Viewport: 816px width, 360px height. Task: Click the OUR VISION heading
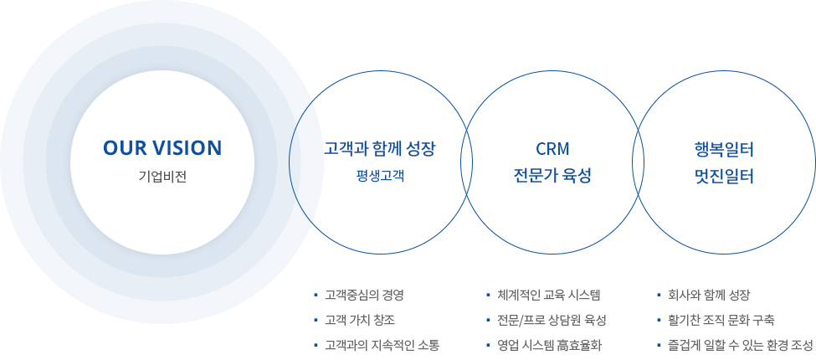(162, 148)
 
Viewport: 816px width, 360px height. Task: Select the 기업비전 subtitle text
(162, 177)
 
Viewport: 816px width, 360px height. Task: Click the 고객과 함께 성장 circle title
(379, 149)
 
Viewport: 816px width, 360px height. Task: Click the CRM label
(552, 149)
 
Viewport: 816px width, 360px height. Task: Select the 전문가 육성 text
(552, 177)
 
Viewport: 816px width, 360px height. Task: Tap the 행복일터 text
(724, 150)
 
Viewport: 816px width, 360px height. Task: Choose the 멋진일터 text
(724, 177)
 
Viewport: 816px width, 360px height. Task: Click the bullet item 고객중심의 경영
(364, 296)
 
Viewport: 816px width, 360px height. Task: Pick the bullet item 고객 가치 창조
(355, 320)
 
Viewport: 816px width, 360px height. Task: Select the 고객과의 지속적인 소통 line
(382, 344)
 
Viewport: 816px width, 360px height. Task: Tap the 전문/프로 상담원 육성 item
(552, 320)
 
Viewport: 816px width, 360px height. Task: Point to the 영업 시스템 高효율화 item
(549, 344)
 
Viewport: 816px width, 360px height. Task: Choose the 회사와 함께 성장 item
(710, 296)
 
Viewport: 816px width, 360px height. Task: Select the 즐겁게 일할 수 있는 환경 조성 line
(741, 344)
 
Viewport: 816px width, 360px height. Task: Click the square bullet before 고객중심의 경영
(316, 296)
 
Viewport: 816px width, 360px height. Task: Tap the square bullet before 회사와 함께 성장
(659, 296)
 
